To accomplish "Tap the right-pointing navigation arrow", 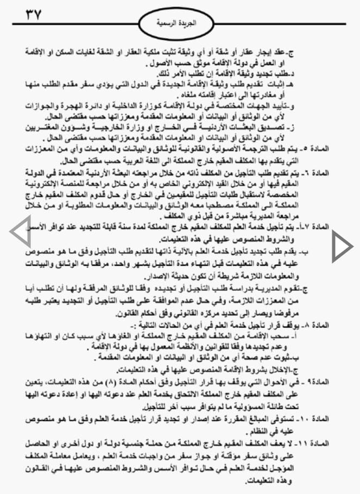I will [x=341, y=246].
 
